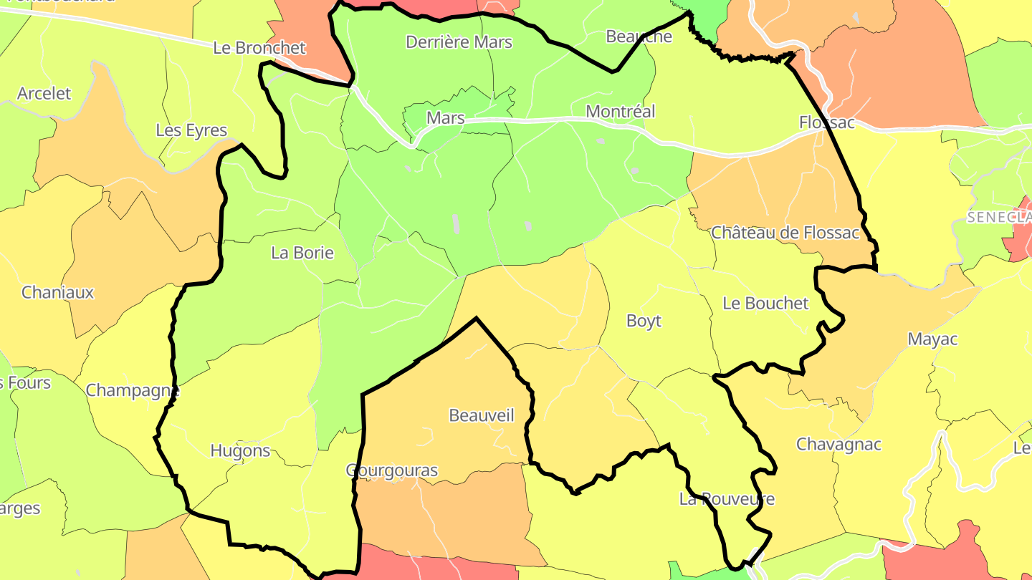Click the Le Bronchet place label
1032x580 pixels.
259,48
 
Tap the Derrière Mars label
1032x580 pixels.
459,42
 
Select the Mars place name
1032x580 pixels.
445,118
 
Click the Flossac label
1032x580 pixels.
827,123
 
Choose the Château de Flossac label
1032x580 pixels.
785,233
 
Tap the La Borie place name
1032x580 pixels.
302,253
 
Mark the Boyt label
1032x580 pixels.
644,321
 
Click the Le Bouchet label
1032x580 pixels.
765,303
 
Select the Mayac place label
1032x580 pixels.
932,339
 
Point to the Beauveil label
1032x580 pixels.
481,415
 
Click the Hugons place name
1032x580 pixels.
240,451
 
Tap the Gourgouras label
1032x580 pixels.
392,470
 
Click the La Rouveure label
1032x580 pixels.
727,499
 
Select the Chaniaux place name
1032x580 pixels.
57,292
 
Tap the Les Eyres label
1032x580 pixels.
191,130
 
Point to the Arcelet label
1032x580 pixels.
44,94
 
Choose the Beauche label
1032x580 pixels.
639,37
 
